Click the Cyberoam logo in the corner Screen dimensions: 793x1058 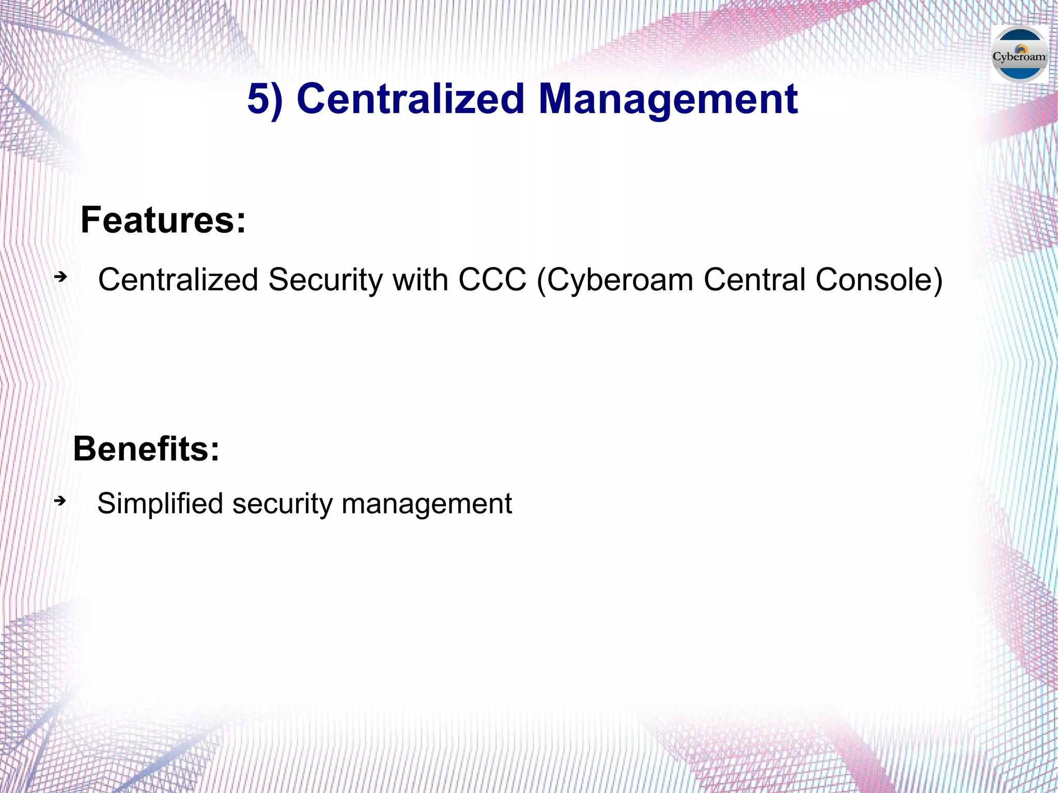click(1019, 55)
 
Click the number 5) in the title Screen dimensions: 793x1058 click(265, 99)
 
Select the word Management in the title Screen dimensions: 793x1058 click(668, 99)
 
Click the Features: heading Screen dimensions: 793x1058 click(163, 220)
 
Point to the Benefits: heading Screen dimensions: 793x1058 click(146, 448)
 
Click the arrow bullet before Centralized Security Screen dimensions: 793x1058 click(61, 277)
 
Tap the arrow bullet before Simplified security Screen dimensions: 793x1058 click(60, 501)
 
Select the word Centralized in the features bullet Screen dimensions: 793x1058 click(178, 280)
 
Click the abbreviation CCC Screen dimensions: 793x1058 click(492, 280)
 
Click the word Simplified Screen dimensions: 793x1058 click(160, 504)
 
